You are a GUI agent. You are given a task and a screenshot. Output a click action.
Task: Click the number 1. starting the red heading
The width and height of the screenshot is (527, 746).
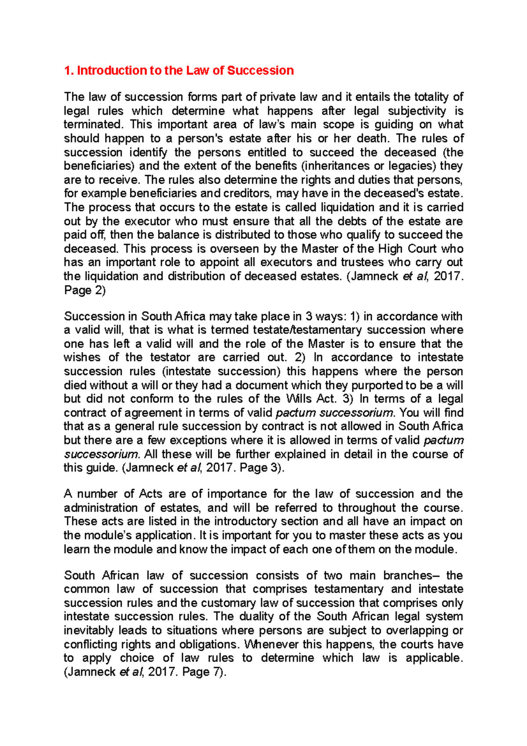coord(69,71)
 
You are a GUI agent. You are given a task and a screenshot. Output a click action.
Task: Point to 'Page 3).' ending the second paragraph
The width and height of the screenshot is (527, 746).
coord(262,468)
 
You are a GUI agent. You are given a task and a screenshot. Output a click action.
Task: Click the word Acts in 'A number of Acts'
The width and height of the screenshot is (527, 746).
coord(151,494)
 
